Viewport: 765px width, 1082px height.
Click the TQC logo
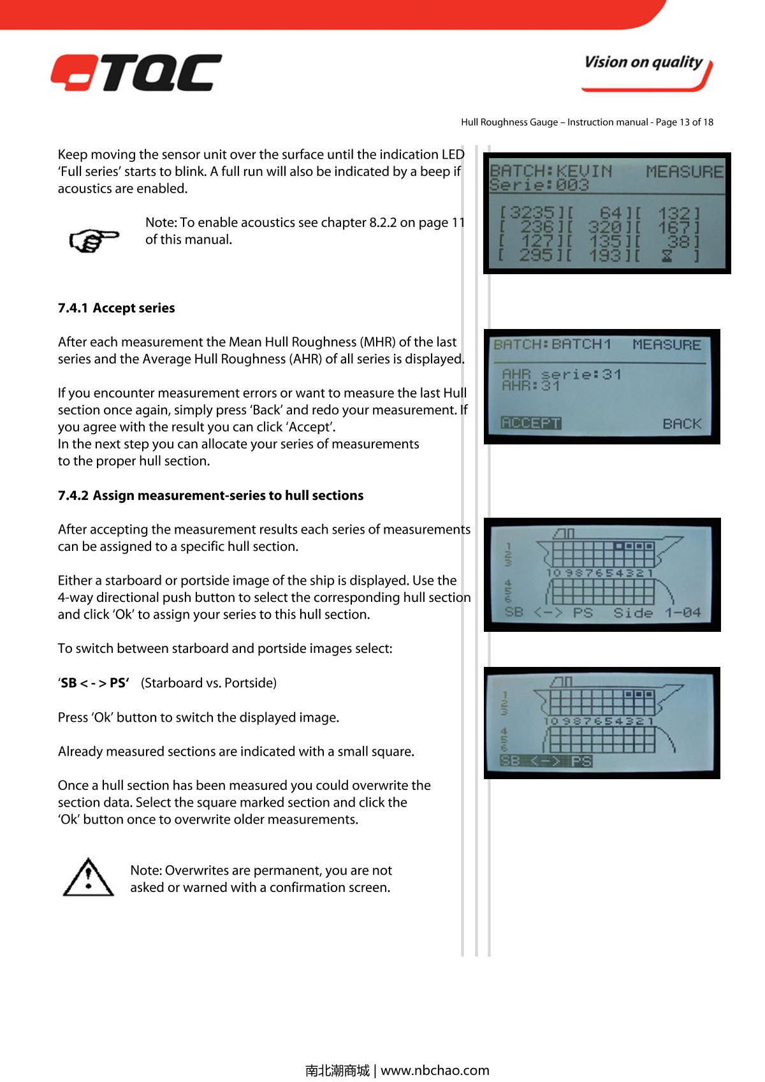click(136, 73)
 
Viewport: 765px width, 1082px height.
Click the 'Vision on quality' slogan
click(643, 62)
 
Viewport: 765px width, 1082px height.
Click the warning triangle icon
click(89, 878)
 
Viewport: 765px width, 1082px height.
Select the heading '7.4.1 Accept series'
click(117, 308)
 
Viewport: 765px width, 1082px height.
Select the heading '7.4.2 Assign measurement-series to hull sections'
click(210, 495)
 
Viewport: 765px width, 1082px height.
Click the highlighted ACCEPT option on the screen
click(531, 423)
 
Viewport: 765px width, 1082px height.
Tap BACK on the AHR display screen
click(681, 423)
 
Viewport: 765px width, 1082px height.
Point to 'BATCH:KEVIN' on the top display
click(551, 171)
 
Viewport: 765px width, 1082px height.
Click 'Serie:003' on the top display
click(539, 185)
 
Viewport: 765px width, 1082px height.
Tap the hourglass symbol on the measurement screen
click(666, 256)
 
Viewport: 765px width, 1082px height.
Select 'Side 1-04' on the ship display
click(657, 613)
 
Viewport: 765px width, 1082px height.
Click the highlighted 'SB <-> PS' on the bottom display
click(546, 761)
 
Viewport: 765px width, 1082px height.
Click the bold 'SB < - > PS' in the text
click(94, 683)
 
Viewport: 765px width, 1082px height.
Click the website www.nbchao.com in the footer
click(435, 1070)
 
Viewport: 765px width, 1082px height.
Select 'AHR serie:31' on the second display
click(562, 374)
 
